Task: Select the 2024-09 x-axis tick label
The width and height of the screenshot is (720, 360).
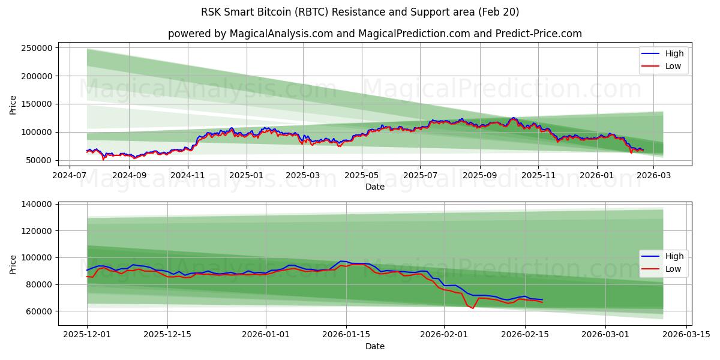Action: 129,175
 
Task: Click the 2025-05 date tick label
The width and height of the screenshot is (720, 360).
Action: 362,175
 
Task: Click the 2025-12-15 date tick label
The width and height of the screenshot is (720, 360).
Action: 167,334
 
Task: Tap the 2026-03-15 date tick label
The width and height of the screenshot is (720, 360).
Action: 685,334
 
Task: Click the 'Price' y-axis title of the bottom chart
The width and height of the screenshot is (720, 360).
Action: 13,264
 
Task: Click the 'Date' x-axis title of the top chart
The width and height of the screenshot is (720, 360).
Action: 375,187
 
